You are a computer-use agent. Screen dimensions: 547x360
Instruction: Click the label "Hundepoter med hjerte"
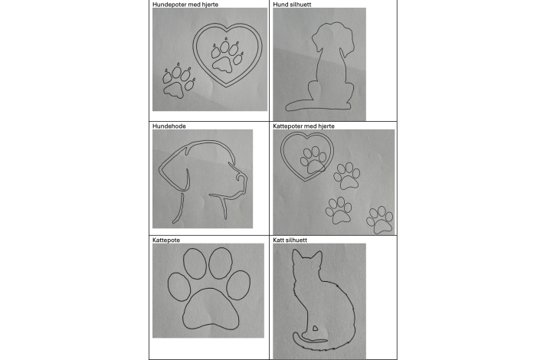click(x=185, y=5)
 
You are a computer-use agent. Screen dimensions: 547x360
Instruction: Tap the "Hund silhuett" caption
click(x=292, y=5)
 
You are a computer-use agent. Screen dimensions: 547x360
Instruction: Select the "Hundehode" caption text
click(x=169, y=126)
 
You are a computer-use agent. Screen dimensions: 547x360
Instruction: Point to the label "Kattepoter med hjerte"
click(x=303, y=126)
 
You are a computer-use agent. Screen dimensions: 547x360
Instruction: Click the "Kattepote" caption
click(x=166, y=240)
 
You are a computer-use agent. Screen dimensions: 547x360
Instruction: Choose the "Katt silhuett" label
click(x=290, y=240)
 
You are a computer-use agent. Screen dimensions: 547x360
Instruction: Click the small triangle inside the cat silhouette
click(x=315, y=329)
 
